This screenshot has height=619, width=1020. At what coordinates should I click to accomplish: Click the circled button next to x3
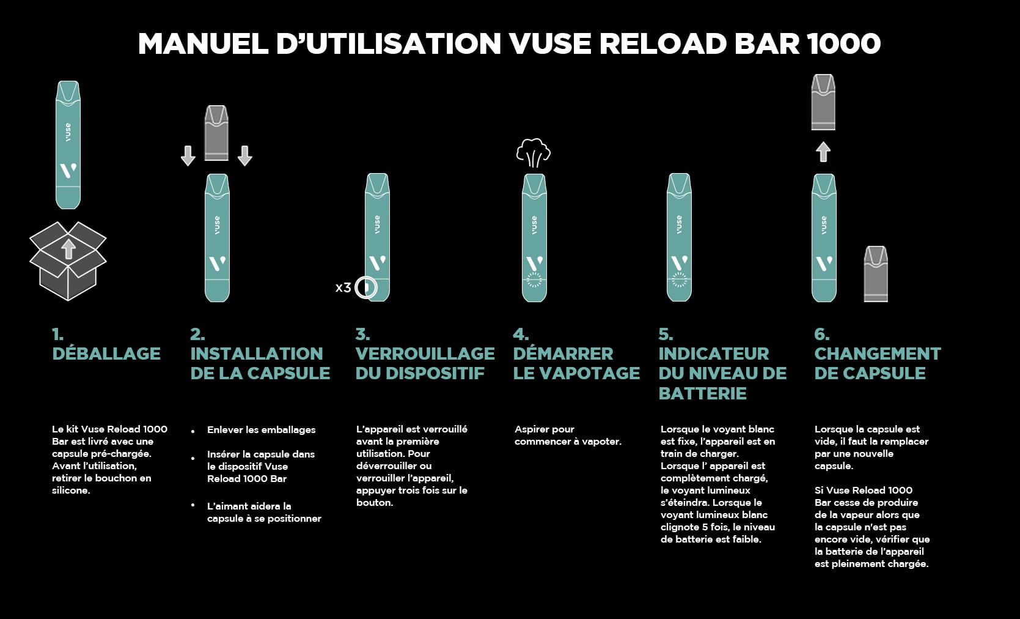[365, 287]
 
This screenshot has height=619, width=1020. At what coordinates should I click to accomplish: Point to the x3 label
[343, 287]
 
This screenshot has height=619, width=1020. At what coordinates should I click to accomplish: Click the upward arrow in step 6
[823, 152]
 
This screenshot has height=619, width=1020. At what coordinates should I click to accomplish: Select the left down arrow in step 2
[188, 156]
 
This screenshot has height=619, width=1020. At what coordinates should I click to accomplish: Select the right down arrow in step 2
[244, 156]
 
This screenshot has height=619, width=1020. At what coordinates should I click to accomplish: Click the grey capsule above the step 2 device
[216, 133]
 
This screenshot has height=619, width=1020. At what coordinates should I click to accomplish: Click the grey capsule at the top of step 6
[823, 102]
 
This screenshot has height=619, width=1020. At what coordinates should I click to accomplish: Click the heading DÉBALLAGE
[106, 354]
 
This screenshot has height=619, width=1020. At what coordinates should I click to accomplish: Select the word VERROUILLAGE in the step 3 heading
[425, 354]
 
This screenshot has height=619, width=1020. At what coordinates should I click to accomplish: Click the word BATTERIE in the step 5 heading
[702, 393]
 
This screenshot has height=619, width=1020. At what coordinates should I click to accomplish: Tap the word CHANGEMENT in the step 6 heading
[878, 354]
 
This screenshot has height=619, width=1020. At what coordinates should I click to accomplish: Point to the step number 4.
[520, 335]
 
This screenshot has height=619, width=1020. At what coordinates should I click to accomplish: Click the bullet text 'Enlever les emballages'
[261, 430]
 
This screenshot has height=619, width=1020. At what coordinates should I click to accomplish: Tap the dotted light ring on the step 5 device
[679, 280]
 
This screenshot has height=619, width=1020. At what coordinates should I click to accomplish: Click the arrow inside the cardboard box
[69, 249]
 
